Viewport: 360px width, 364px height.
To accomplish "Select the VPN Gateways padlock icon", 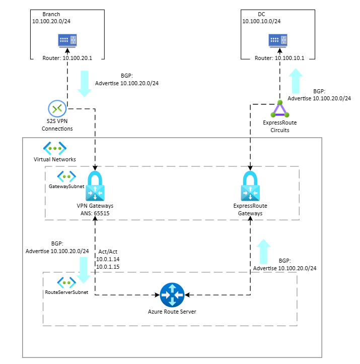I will [95, 188].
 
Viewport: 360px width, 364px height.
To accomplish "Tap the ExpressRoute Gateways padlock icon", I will [250, 188].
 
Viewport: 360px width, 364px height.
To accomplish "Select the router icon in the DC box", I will [278, 40].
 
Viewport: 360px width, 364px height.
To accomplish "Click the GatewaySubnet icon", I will [66, 176].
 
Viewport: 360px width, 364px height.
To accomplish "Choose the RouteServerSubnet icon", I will [66, 282].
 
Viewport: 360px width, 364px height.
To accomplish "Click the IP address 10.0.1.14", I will [107, 259].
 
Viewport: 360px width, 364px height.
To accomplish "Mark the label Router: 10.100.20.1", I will [67, 58].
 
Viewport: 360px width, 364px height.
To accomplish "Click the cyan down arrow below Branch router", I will [84, 83].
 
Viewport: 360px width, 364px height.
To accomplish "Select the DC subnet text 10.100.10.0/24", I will [261, 21].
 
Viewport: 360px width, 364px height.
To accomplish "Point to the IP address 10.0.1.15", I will [107, 266].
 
